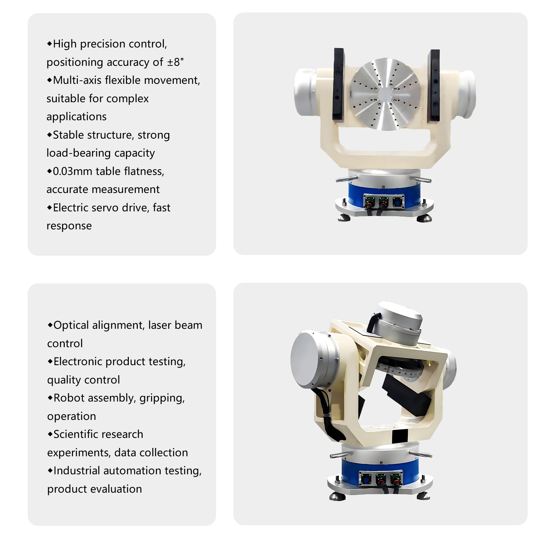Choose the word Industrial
[77, 470]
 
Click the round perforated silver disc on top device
[385, 94]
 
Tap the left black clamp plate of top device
[339, 84]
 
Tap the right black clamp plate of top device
[434, 86]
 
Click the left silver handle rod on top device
[347, 179]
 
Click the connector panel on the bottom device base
[381, 479]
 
